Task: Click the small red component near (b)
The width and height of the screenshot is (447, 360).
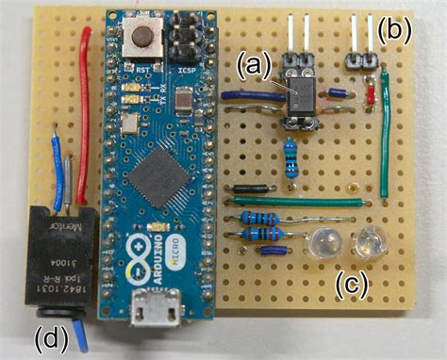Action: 371,93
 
